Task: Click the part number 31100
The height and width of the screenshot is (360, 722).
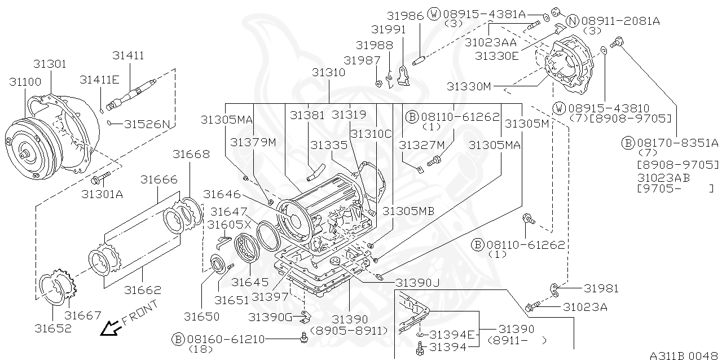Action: [x=25, y=82]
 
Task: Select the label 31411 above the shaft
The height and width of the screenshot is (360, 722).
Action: [x=128, y=55]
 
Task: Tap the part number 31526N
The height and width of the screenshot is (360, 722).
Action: [x=147, y=124]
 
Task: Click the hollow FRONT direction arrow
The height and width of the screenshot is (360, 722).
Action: [x=109, y=327]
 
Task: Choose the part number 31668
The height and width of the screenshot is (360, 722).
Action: [x=191, y=154]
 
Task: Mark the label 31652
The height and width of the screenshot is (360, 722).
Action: [x=53, y=328]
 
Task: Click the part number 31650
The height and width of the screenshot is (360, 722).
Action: [x=201, y=316]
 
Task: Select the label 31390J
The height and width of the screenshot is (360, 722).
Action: [x=417, y=282]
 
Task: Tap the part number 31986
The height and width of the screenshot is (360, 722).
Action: [x=405, y=15]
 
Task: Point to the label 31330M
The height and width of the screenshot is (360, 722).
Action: [x=469, y=86]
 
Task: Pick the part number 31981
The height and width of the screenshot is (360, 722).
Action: [x=601, y=288]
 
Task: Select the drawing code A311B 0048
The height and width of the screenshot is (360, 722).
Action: [x=684, y=355]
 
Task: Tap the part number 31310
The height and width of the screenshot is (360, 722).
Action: [x=328, y=73]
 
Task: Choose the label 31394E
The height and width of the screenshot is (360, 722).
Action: [x=453, y=335]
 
